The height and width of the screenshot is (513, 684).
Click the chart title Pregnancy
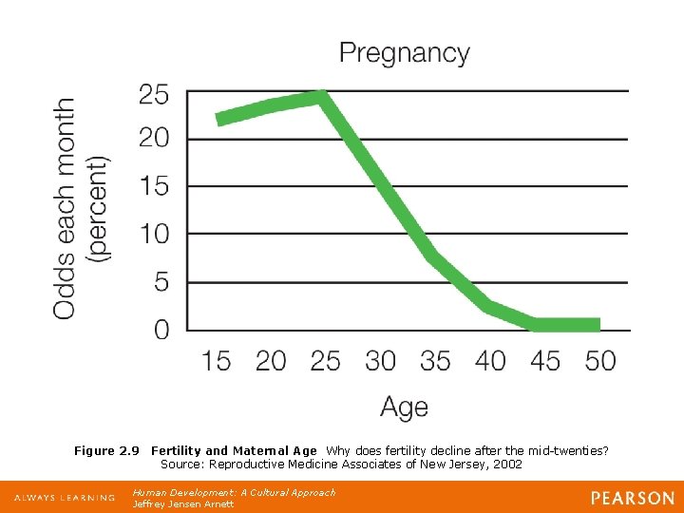[x=404, y=53]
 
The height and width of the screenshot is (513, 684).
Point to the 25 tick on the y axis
[x=154, y=95]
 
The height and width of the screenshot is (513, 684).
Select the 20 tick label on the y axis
[x=154, y=140]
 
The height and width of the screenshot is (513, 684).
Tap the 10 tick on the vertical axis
[x=154, y=234]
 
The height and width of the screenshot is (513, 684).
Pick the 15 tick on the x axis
[x=217, y=361]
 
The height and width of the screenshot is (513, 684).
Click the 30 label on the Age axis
[x=380, y=361]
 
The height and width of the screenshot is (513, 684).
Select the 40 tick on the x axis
[x=490, y=361]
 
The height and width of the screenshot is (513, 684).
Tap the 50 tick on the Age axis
[x=600, y=361]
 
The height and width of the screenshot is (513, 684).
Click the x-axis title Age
[x=404, y=408]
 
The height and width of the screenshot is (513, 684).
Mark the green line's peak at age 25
[x=323, y=95]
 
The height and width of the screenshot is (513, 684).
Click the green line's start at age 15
[x=219, y=119]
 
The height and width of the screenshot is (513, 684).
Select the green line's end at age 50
[x=598, y=325]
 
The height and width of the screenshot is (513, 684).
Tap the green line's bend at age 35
[x=432, y=255]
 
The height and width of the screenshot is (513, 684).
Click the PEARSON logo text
[x=631, y=498]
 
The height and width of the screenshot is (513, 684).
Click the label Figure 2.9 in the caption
[x=106, y=451]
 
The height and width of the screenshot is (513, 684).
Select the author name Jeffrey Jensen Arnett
[x=182, y=504]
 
